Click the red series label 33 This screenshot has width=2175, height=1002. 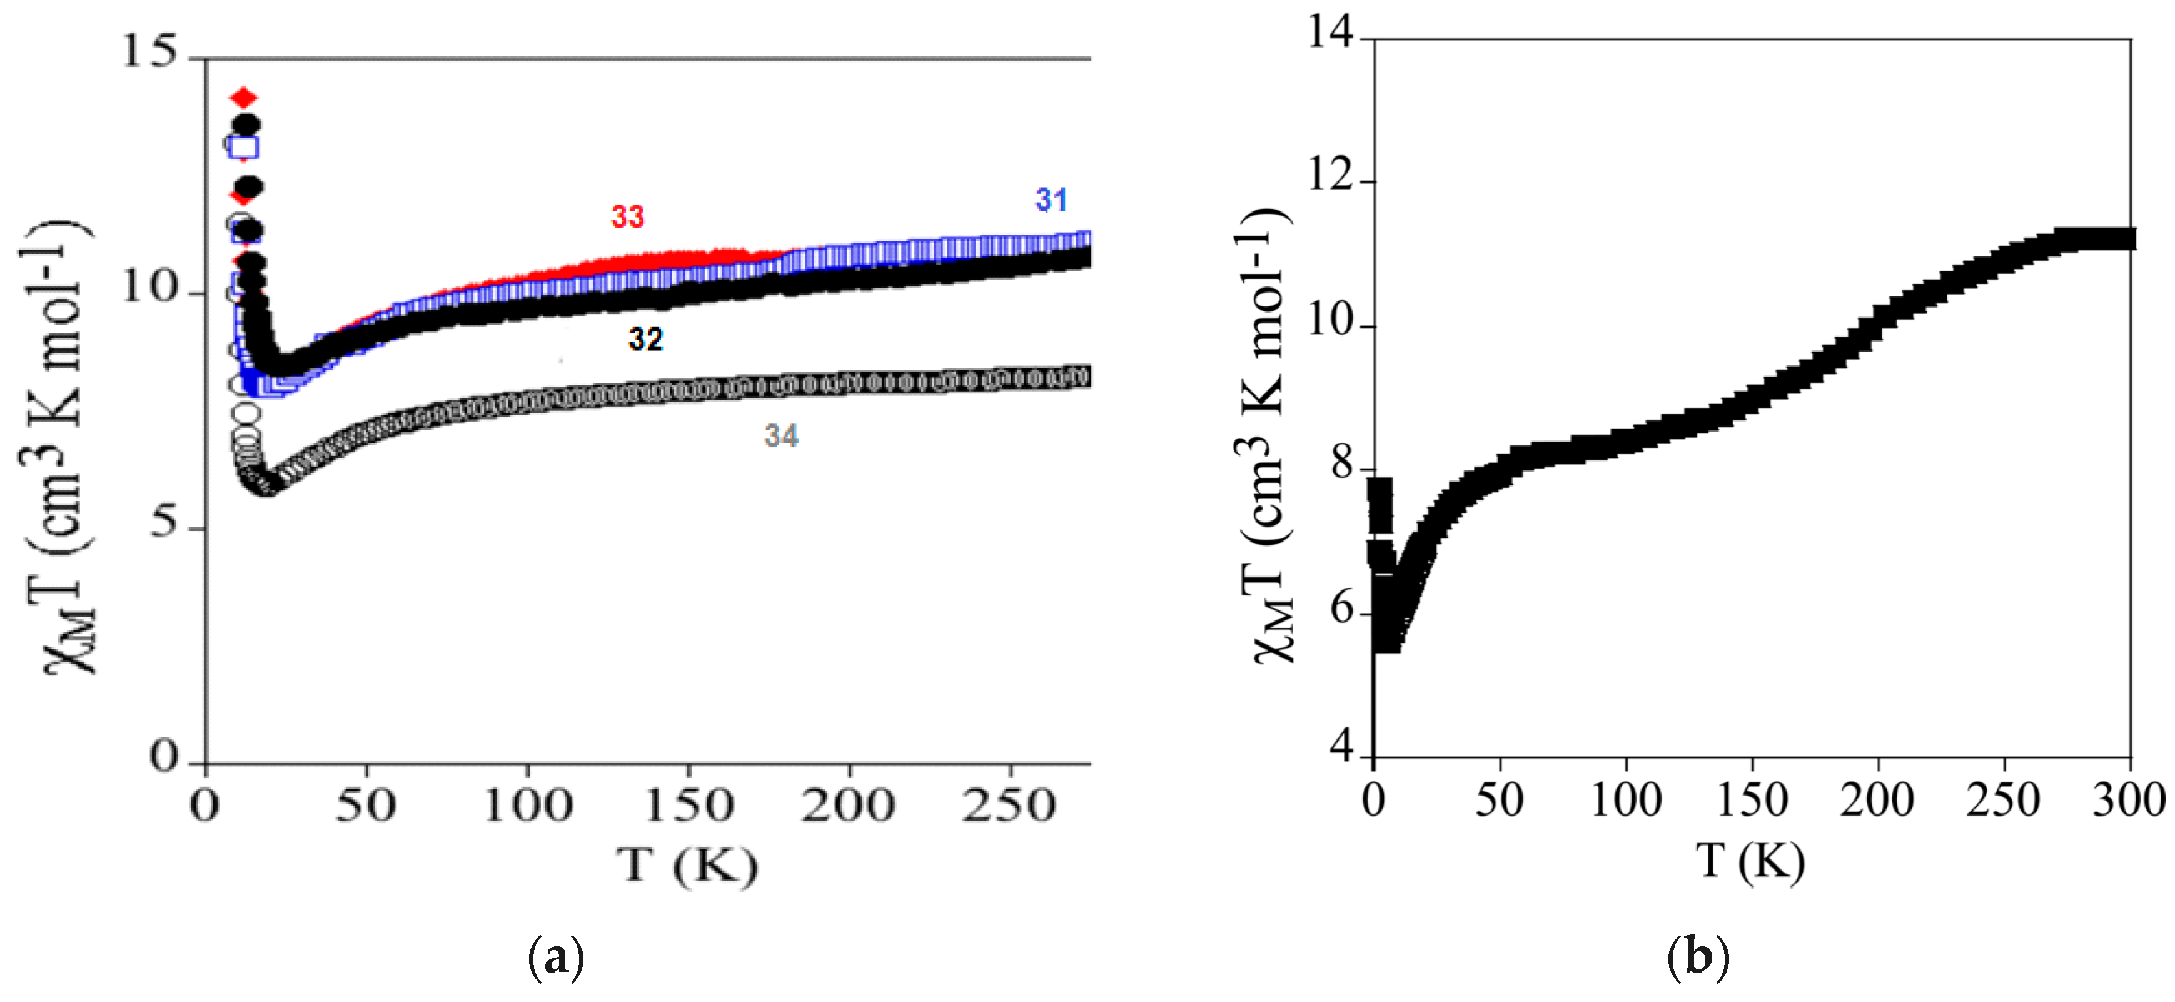point(627,217)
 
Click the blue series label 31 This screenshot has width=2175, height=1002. point(1051,200)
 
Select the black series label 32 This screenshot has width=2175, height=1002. point(646,340)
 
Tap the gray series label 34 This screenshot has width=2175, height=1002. point(781,437)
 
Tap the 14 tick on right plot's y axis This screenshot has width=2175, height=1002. point(1330,34)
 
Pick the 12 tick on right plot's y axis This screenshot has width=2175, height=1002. point(1330,179)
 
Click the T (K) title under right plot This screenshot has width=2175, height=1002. point(1750,862)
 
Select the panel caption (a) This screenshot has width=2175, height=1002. point(555,958)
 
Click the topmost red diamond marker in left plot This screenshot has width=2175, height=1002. point(244,99)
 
